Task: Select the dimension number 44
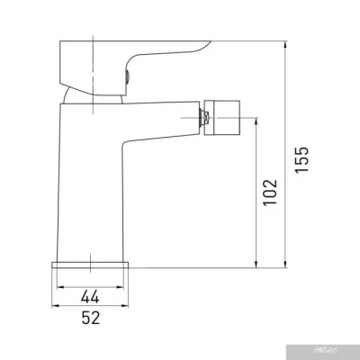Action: pos(90,295)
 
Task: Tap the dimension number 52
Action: pos(90,317)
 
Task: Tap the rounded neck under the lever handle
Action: pos(81,95)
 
